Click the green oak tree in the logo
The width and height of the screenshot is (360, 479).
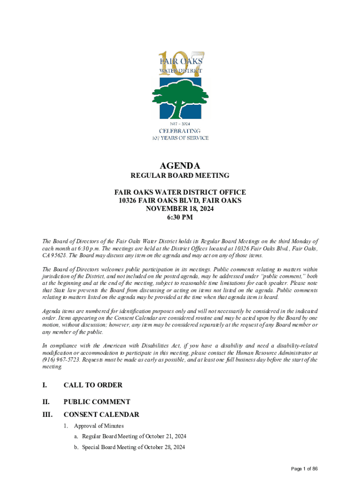coord(180,98)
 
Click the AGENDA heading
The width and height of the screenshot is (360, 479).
coord(180,166)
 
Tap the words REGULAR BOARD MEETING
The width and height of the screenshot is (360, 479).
coord(180,176)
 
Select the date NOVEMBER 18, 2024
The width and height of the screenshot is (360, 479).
coord(180,209)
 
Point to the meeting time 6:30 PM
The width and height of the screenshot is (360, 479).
coord(180,218)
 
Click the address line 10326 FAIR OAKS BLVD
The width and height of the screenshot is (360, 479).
coord(180,201)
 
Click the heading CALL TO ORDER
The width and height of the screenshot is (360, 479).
coord(93,385)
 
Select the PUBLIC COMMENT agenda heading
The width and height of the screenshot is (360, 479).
coord(97,402)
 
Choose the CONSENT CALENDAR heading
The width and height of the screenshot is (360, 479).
coord(101,414)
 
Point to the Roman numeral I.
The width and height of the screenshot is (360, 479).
coord(44,385)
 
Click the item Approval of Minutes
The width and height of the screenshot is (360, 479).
coord(99,426)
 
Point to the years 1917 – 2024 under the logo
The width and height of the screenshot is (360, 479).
coord(180,123)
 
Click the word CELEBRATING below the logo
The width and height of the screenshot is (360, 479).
coord(180,131)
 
